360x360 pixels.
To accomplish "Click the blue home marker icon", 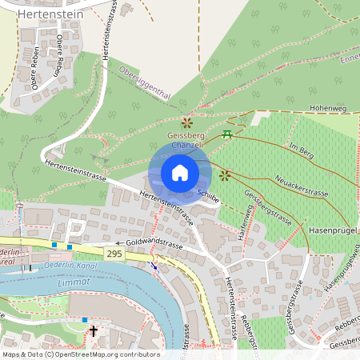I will (x=180, y=173).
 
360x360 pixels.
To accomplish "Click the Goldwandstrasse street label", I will (x=155, y=244).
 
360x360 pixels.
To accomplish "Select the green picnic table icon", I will (x=228, y=133).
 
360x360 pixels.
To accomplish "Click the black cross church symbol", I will (x=93, y=330).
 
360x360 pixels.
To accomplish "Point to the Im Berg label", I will (x=302, y=149).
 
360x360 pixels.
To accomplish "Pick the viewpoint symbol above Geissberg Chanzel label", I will (x=186, y=122).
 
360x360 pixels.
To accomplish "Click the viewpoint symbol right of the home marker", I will (x=225, y=174).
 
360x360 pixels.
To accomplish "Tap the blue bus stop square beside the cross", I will (x=85, y=319).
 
